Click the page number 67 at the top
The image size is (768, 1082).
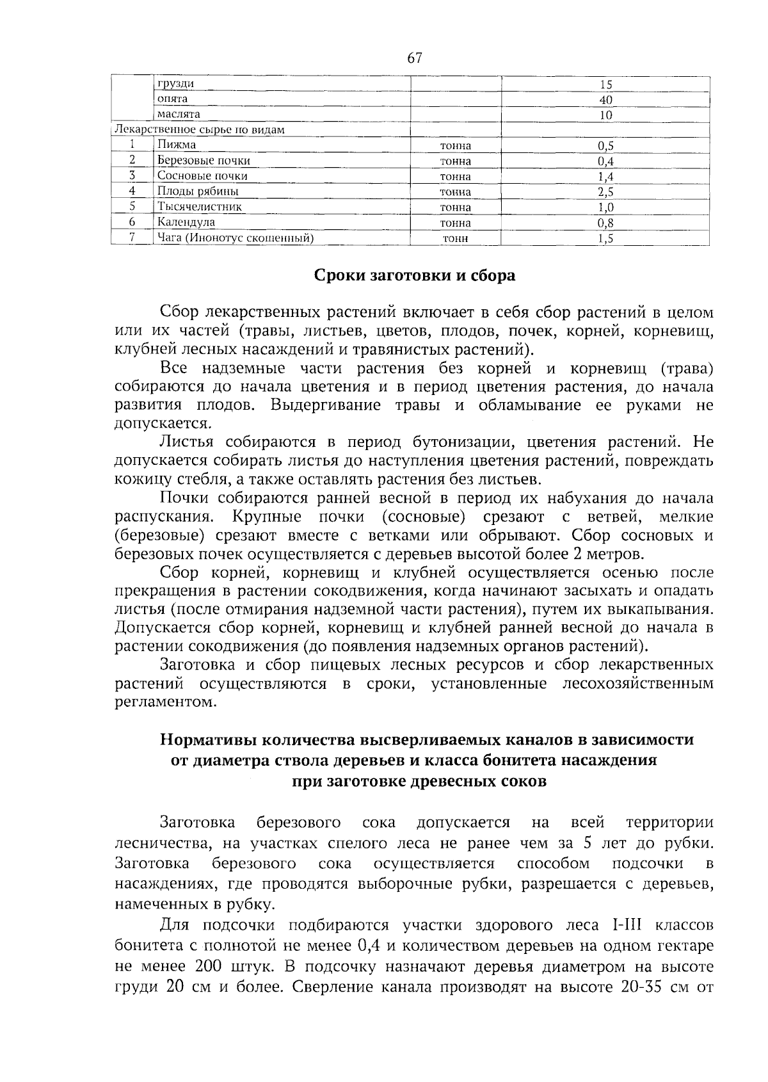point(414,58)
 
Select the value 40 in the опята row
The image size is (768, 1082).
point(606,100)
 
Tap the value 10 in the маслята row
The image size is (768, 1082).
point(606,115)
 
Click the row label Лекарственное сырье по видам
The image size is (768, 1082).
point(200,130)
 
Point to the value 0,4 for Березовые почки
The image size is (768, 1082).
point(605,161)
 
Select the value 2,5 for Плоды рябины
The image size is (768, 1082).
point(605,192)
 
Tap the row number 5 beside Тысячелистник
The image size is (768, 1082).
point(132,207)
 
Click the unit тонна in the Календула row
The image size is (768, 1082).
point(455,223)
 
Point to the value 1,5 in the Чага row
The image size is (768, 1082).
point(605,239)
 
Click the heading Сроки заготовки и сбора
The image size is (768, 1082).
point(414,276)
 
